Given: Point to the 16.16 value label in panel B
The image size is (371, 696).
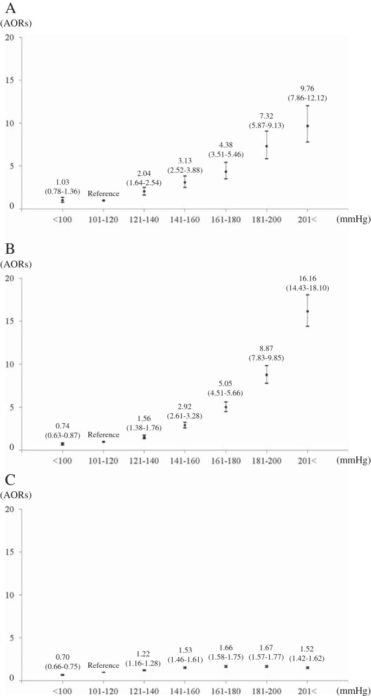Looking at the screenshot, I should click(307, 279).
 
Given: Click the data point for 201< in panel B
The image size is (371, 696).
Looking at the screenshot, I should click(308, 311).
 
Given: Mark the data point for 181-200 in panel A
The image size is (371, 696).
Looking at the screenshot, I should click(266, 146).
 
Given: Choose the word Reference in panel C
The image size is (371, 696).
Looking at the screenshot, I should click(103, 665).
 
